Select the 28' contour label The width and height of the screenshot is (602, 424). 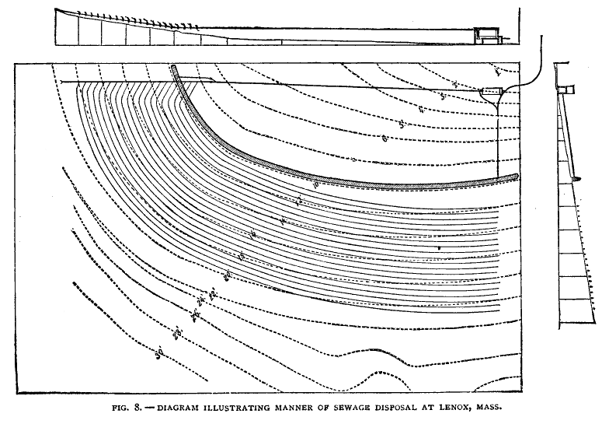coord(178,333)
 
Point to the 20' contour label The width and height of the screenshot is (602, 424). coord(228,275)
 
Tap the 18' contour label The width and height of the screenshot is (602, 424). coord(242,256)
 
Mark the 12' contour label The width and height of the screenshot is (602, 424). coord(299,201)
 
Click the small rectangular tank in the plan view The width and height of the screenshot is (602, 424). coord(491,93)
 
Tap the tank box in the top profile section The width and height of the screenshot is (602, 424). coord(487,33)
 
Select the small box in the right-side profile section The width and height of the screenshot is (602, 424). coord(569,89)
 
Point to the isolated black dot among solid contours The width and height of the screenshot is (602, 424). coord(440,247)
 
